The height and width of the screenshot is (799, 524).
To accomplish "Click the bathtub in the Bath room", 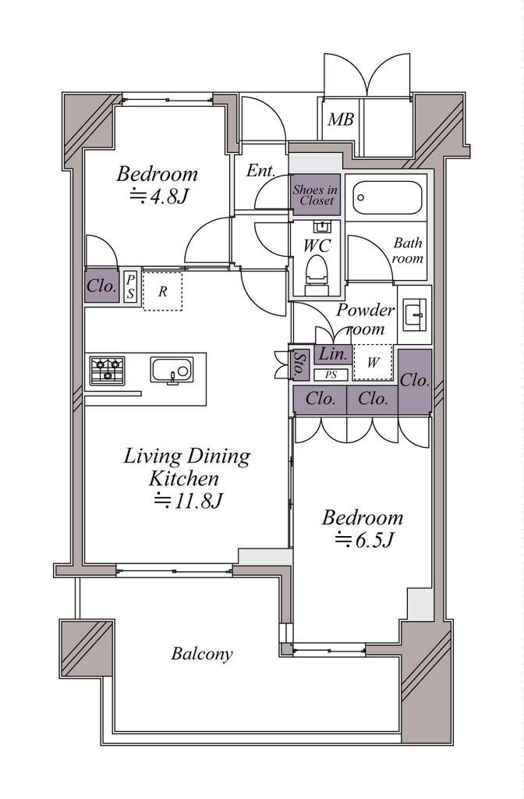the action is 388,197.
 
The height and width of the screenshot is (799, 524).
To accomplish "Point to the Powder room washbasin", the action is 415,314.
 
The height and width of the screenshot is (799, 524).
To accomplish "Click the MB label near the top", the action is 340,119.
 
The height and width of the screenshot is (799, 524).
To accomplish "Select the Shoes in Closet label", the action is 315,194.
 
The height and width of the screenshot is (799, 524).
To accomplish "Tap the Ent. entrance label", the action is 260,171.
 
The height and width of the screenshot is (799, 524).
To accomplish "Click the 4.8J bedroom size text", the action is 160,196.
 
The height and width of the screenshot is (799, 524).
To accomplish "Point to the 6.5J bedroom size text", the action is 365,540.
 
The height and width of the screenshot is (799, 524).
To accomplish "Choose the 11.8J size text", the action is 189,502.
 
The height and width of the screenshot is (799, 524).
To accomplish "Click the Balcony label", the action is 202,654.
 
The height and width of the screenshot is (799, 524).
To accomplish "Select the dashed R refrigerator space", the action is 162,292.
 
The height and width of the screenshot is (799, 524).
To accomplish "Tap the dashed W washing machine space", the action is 374,362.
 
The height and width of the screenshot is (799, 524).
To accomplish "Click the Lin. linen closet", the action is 333,354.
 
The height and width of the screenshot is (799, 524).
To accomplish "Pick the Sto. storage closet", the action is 300,364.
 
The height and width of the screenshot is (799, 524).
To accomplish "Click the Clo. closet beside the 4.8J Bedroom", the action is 102,286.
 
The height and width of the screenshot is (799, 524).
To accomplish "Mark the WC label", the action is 317,246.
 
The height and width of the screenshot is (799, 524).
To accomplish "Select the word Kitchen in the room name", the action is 184,479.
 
